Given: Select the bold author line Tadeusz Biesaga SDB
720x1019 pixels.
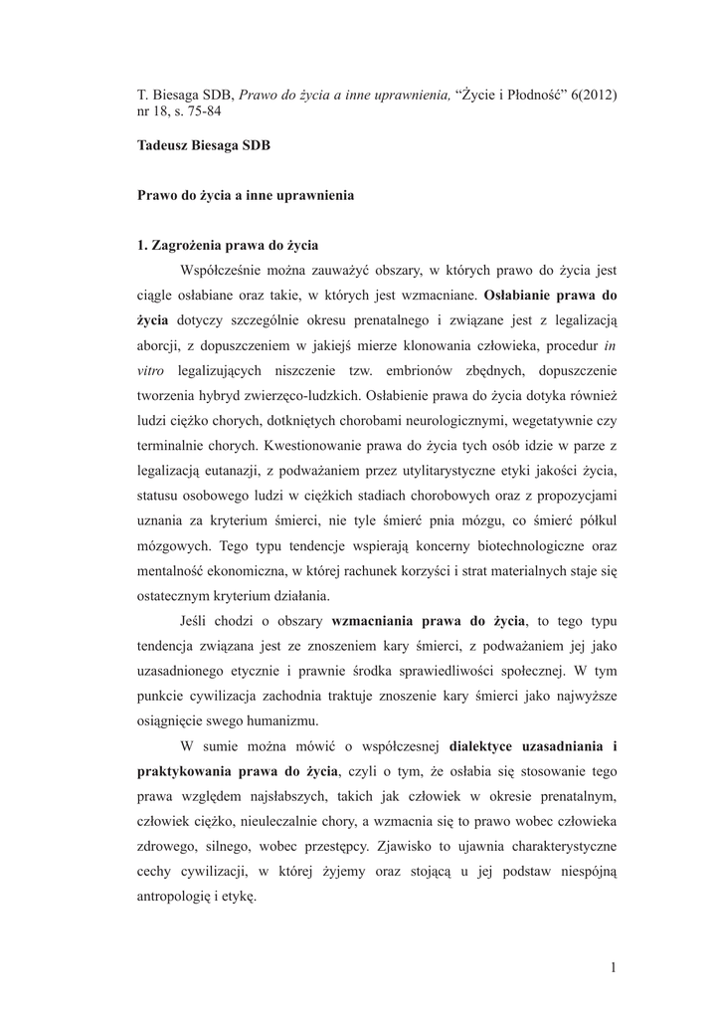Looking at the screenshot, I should click(204, 144).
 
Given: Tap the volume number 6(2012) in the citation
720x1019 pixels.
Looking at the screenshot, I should click(594, 94).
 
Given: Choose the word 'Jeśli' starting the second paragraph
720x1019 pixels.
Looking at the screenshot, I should click(197, 621).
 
